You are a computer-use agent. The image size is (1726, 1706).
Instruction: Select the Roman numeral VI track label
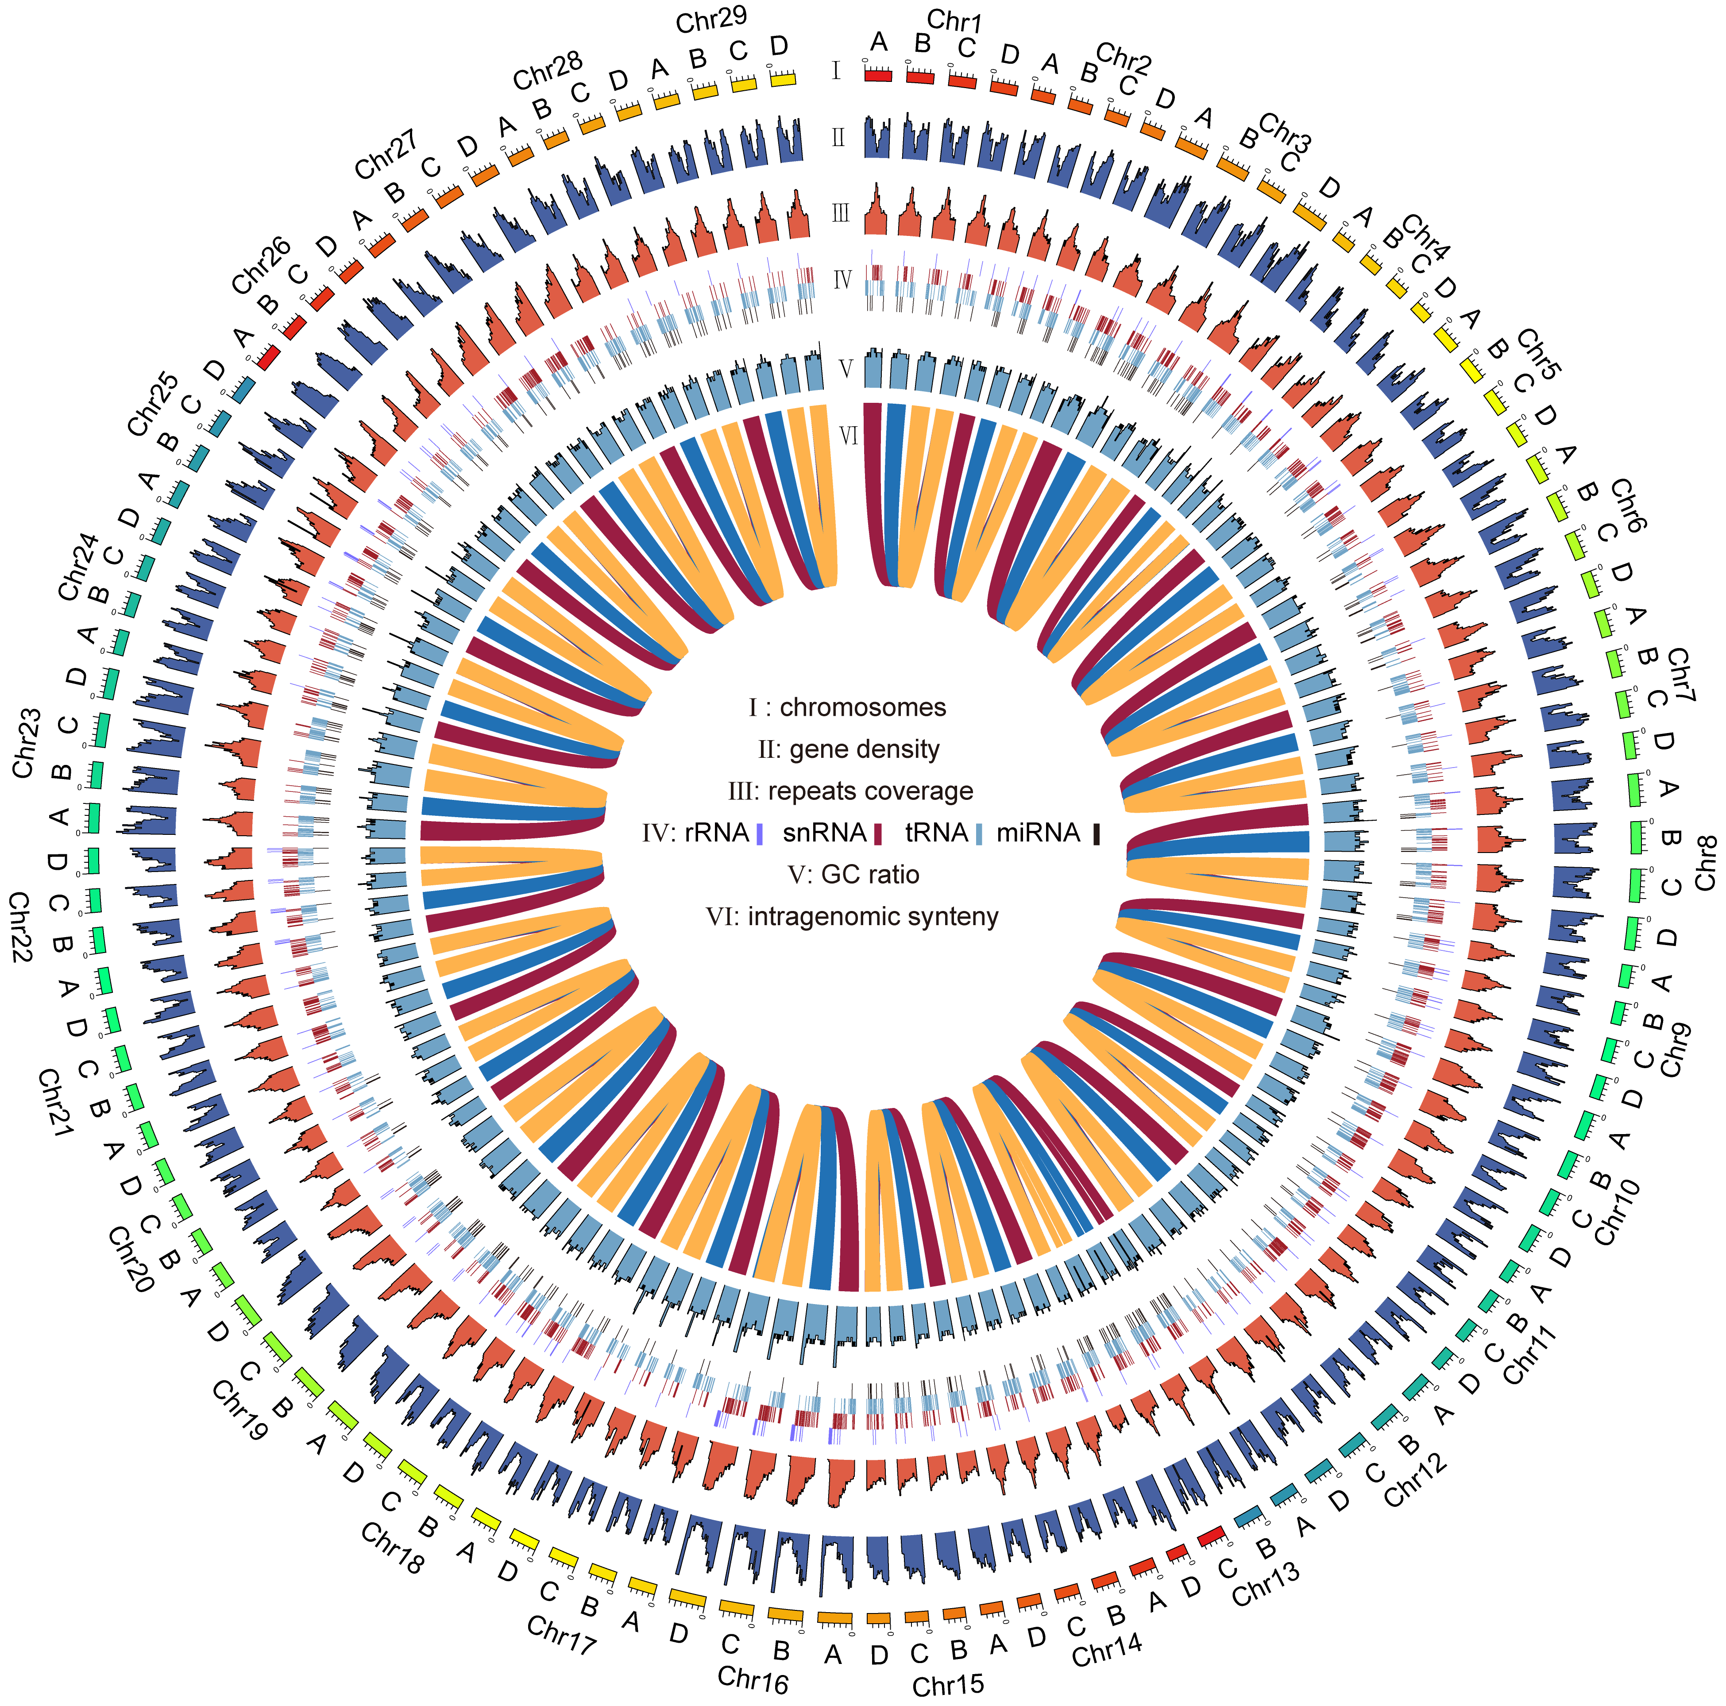click(849, 435)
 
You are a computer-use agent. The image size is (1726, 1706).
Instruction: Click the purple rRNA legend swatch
click(759, 834)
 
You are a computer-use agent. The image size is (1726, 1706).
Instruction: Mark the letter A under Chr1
click(879, 42)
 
